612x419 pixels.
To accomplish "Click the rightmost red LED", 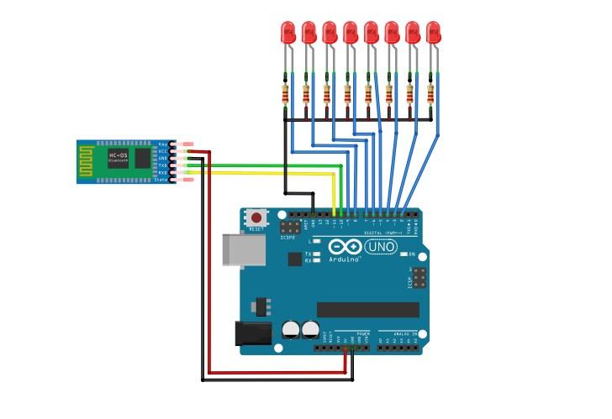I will pyautogui.click(x=433, y=33).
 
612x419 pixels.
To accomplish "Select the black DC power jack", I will pyautogui.click(x=253, y=334).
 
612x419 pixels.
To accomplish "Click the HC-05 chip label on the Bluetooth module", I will pyautogui.click(x=117, y=155).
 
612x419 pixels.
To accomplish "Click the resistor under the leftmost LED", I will pyautogui.click(x=285, y=94).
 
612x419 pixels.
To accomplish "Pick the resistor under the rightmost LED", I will pyautogui.click(x=431, y=94).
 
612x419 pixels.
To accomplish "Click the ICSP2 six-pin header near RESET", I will pyautogui.click(x=291, y=228).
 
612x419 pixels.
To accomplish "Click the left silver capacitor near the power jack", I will pyautogui.click(x=291, y=328).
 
